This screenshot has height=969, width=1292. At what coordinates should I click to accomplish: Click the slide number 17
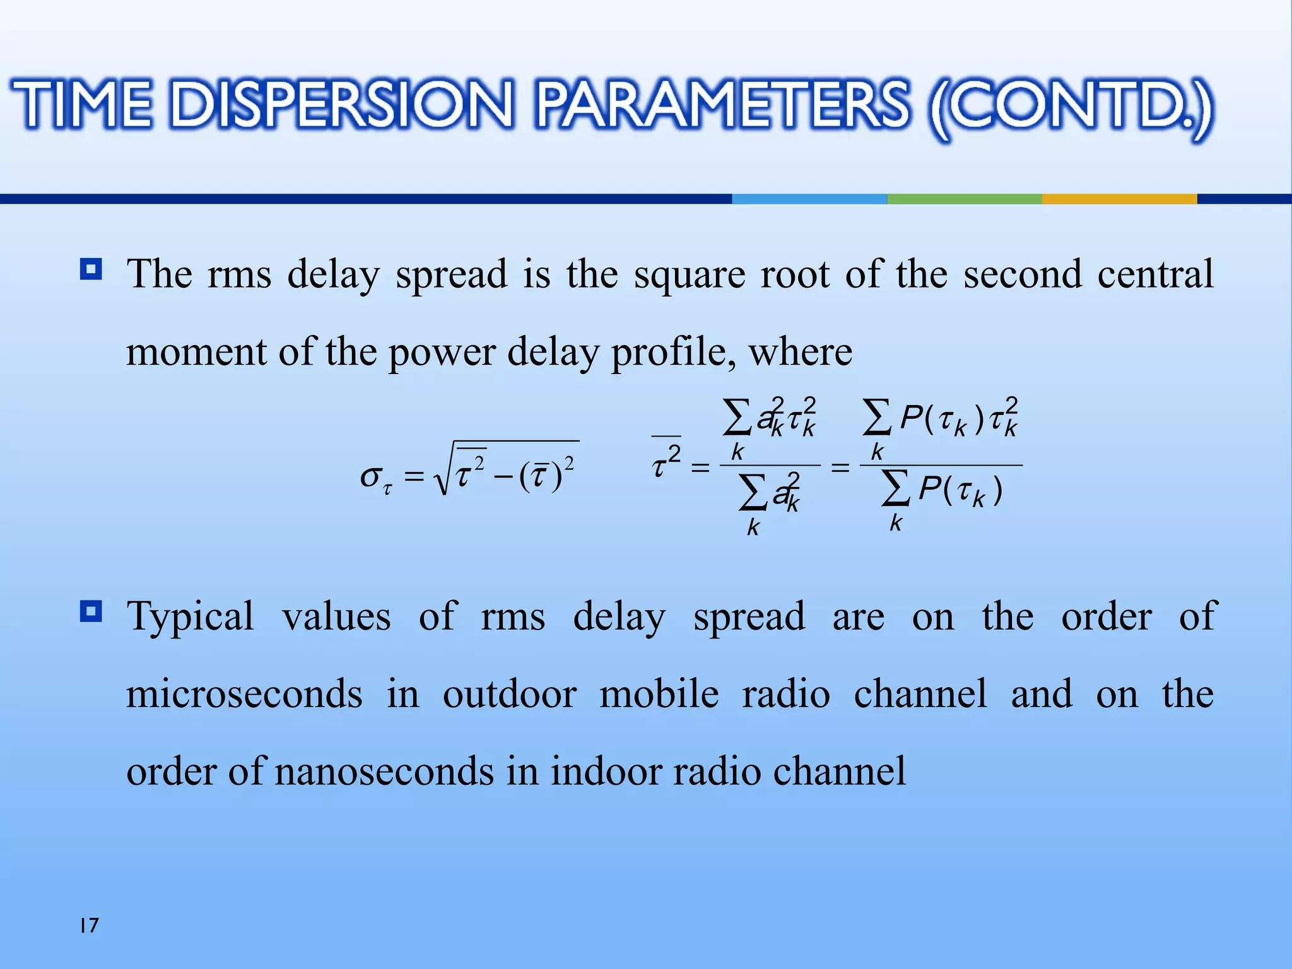89,925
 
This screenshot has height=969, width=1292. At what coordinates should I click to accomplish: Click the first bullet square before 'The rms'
91,270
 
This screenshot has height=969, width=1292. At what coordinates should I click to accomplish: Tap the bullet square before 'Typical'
91,611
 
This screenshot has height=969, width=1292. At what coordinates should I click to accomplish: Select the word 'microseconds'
244,694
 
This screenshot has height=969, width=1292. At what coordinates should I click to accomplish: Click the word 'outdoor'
509,694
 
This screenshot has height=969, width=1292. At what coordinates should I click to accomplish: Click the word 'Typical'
191,617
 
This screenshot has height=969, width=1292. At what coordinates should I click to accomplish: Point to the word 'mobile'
659,694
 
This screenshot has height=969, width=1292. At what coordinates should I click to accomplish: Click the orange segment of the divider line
1119,199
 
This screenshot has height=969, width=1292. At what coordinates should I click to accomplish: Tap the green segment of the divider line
964,199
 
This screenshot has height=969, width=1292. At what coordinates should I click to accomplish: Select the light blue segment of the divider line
809,199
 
